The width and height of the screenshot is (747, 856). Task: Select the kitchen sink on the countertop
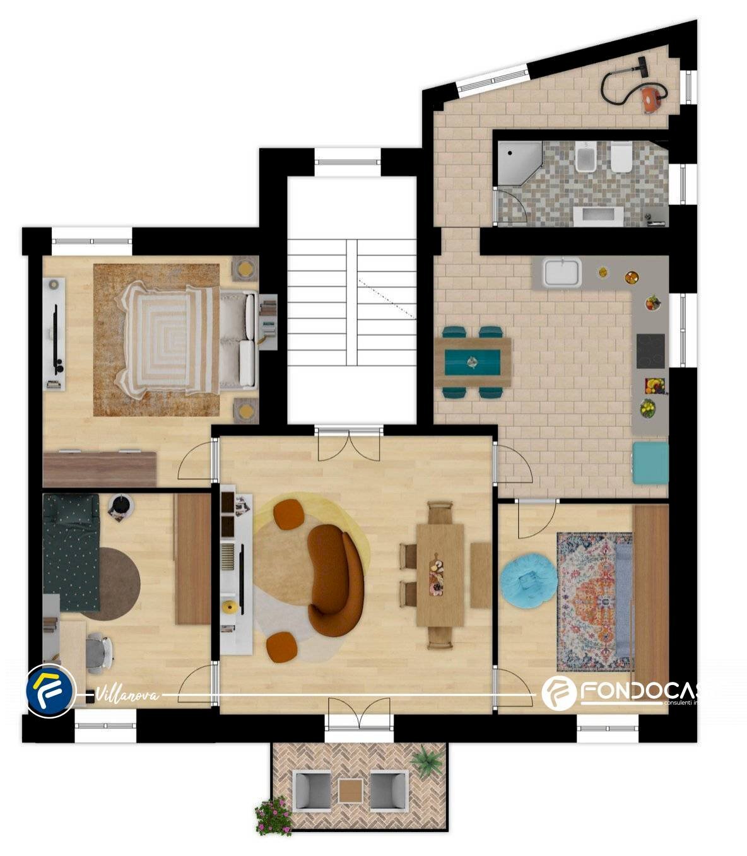tap(562, 272)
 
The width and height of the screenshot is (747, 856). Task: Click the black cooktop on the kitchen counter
tap(650, 351)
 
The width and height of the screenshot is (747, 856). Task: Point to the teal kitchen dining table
tap(473, 362)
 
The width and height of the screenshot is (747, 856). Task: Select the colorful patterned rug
tap(594, 601)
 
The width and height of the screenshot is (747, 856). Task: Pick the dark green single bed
tap(71, 551)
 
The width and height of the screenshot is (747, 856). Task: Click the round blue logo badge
tap(50, 689)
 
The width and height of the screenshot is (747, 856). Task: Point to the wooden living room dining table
tap(440, 575)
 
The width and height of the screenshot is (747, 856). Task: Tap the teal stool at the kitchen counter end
tap(650, 462)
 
